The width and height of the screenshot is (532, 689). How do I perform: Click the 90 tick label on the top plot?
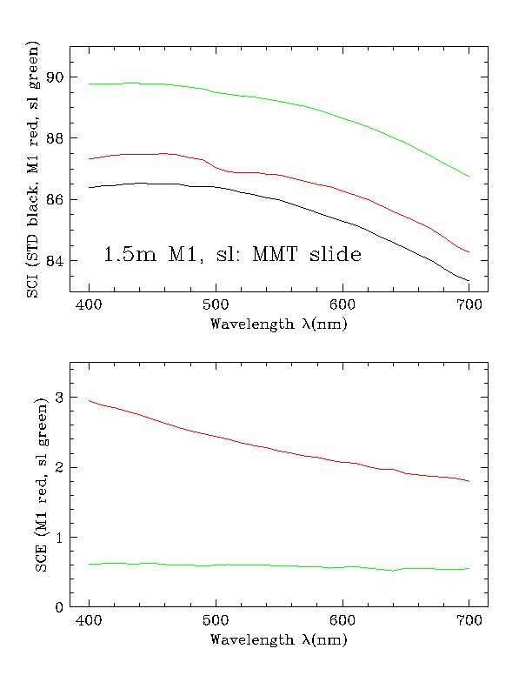click(x=57, y=77)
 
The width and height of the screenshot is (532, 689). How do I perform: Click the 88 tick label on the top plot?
click(x=57, y=138)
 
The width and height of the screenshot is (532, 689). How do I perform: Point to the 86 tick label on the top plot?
click(x=57, y=200)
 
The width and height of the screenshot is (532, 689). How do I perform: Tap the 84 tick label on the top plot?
click(x=57, y=261)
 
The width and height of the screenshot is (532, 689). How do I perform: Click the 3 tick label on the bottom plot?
click(x=61, y=398)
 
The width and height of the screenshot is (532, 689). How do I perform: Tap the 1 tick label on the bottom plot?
click(x=61, y=538)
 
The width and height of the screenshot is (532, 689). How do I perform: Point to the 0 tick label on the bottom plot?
click(x=61, y=607)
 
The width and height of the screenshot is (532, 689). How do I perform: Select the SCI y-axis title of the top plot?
click(x=33, y=170)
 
